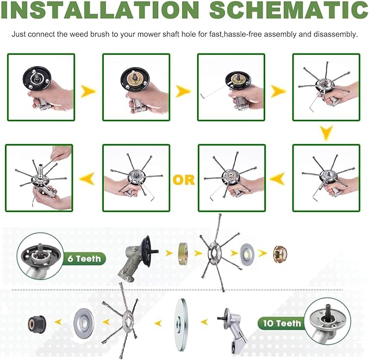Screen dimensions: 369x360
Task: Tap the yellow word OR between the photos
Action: point(184,180)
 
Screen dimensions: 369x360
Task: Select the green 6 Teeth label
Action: point(84,259)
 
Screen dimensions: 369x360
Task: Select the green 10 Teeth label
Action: point(282,323)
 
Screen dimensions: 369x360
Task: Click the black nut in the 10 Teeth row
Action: point(37,324)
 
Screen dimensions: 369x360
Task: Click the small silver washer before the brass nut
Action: point(247,253)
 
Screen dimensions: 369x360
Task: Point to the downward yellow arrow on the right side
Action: point(327,133)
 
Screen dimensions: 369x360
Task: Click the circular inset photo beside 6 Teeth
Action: point(40,256)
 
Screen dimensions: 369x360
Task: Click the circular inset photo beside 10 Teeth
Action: point(327,321)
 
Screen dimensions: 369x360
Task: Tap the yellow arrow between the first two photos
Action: point(88,91)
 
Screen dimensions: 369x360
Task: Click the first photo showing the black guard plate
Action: point(41,88)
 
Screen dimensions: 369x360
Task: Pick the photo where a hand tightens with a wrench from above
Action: point(39,178)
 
